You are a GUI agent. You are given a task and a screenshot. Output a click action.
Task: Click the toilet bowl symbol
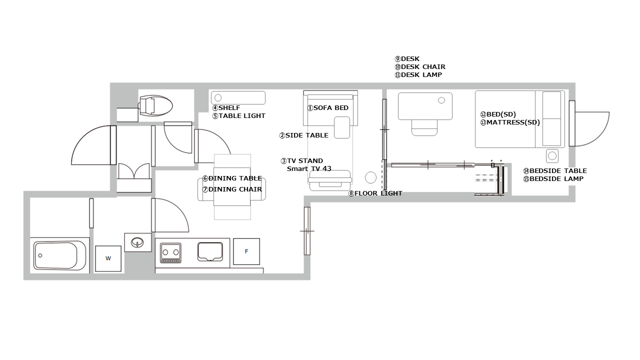point(155,105)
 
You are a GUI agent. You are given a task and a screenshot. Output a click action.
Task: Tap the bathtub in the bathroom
point(59,255)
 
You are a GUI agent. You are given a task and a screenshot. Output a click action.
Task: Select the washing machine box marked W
point(108,258)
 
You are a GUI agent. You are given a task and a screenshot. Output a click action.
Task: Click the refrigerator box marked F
point(246,251)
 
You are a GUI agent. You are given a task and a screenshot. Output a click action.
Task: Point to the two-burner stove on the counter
point(170,253)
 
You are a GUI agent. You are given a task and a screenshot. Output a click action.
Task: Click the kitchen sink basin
point(210,251)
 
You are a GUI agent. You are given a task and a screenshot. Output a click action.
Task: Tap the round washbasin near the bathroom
point(137,243)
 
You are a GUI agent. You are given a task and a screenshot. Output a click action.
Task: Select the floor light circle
point(370,177)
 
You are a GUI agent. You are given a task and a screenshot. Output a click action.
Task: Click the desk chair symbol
point(424,127)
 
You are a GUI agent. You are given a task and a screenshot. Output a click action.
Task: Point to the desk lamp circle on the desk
point(441,100)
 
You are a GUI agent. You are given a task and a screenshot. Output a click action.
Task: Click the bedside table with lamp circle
point(552,156)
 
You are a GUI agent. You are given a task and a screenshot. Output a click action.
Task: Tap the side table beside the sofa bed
point(342,127)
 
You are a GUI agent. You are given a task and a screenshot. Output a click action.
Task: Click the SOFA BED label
point(327,108)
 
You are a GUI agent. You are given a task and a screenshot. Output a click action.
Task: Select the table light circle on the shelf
point(218,98)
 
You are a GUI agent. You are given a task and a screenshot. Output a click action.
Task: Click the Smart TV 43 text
point(309,169)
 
